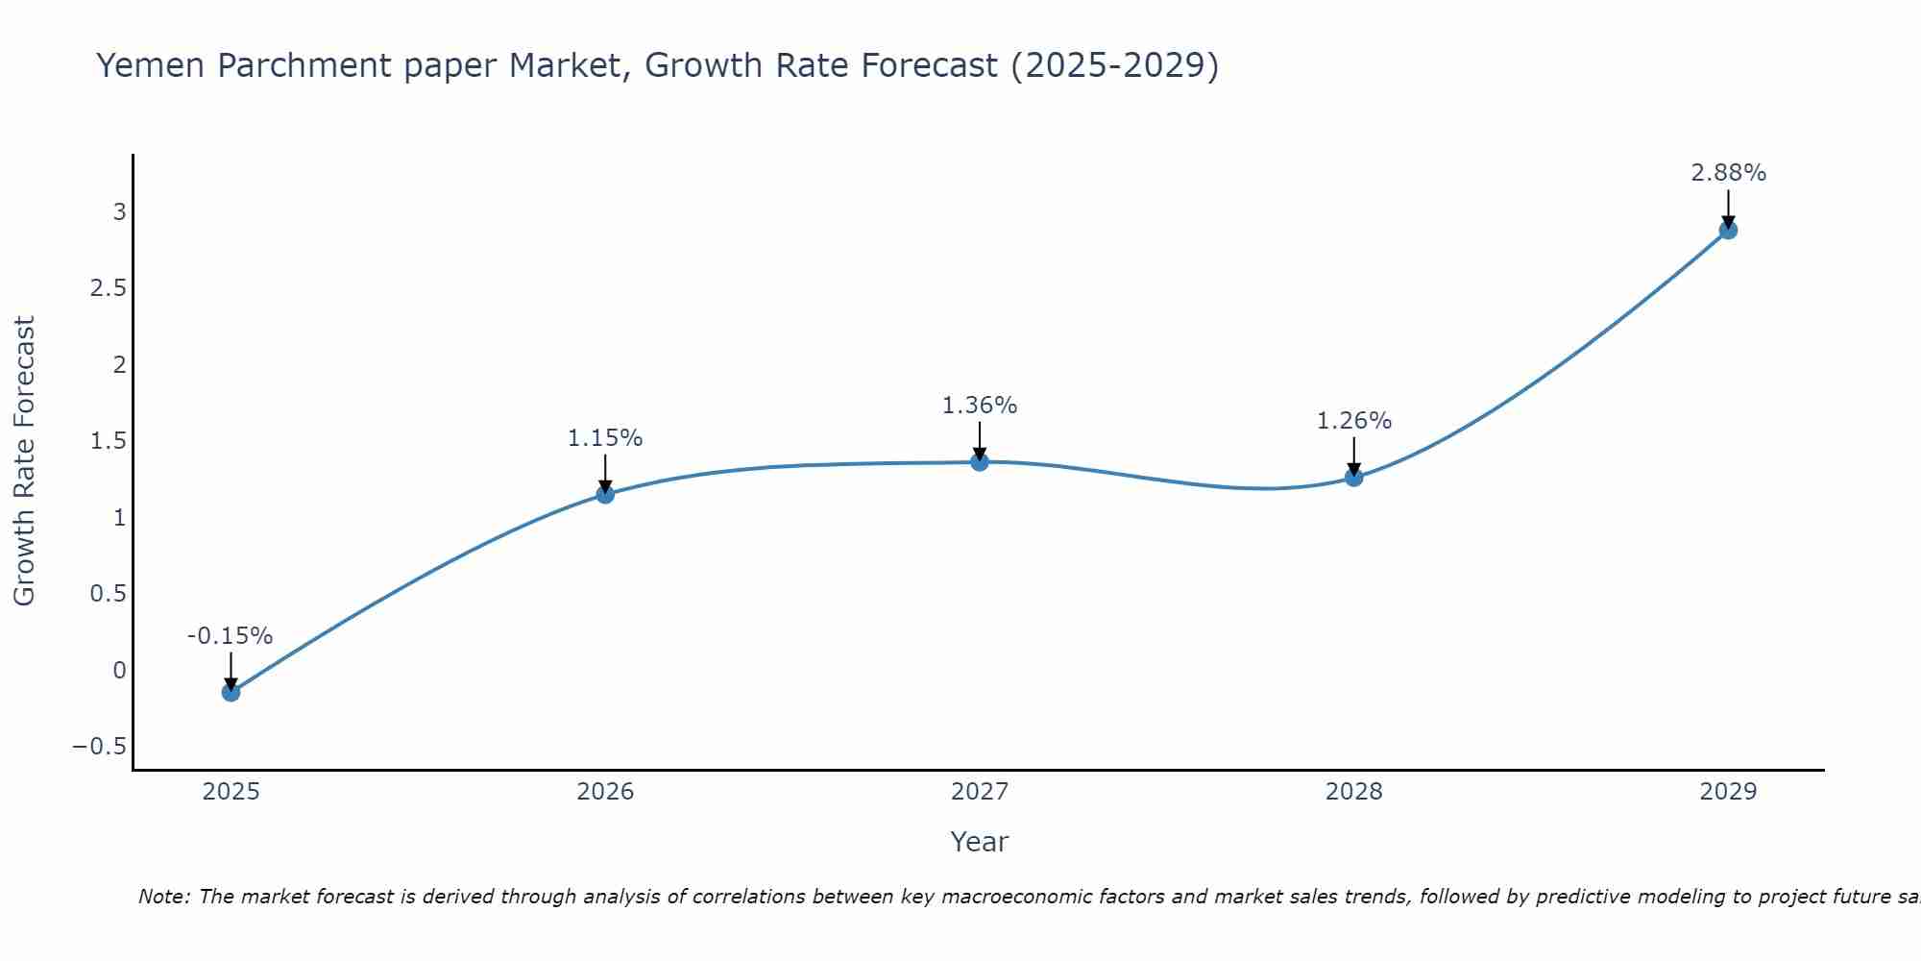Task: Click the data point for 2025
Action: [231, 692]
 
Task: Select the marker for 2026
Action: [605, 494]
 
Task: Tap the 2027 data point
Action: [980, 462]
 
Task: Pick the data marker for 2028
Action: [1354, 477]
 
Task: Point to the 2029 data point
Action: [1728, 230]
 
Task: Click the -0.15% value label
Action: [230, 636]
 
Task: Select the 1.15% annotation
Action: [605, 438]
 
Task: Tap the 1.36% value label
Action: [980, 406]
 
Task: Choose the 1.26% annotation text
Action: [1354, 421]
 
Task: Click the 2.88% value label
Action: [1728, 173]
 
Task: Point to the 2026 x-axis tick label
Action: [605, 792]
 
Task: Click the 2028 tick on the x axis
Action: [1354, 792]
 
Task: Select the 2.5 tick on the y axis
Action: [109, 288]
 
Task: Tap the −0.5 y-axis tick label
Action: [100, 747]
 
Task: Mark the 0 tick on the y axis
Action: [119, 671]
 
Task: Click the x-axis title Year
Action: [980, 842]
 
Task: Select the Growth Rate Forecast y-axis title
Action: [25, 461]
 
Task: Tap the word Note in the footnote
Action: [164, 898]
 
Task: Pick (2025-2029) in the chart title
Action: [1115, 66]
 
